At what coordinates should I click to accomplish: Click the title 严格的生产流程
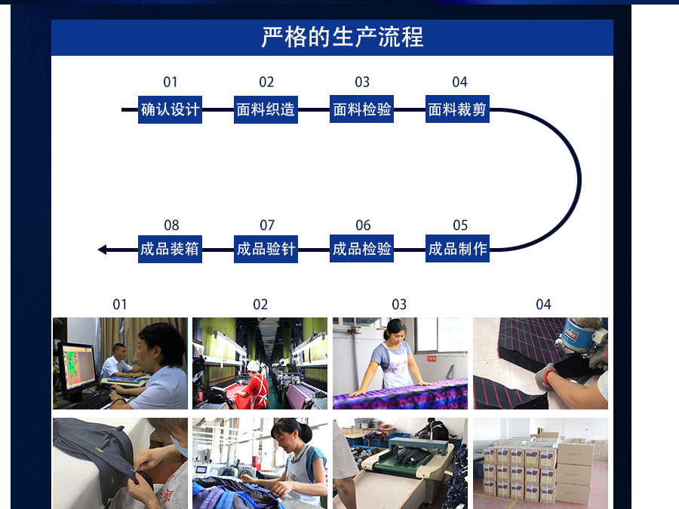coord(343,37)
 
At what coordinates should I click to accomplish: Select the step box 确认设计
coord(171,109)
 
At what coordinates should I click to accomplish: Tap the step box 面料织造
coord(266,109)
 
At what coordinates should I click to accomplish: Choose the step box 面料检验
coord(362,109)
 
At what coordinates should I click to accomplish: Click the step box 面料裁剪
coord(457,109)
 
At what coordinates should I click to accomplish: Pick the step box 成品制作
coord(457,249)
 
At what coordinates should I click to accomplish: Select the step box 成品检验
coord(362,249)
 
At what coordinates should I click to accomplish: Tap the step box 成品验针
coord(266,249)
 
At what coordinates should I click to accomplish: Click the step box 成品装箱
coord(171,249)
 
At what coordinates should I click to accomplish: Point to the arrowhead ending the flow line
coord(103,250)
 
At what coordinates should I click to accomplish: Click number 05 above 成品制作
coord(460,225)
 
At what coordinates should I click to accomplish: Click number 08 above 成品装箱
coord(171,225)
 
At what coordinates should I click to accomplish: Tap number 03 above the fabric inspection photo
coord(399,305)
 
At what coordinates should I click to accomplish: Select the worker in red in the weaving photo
coord(256,385)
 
